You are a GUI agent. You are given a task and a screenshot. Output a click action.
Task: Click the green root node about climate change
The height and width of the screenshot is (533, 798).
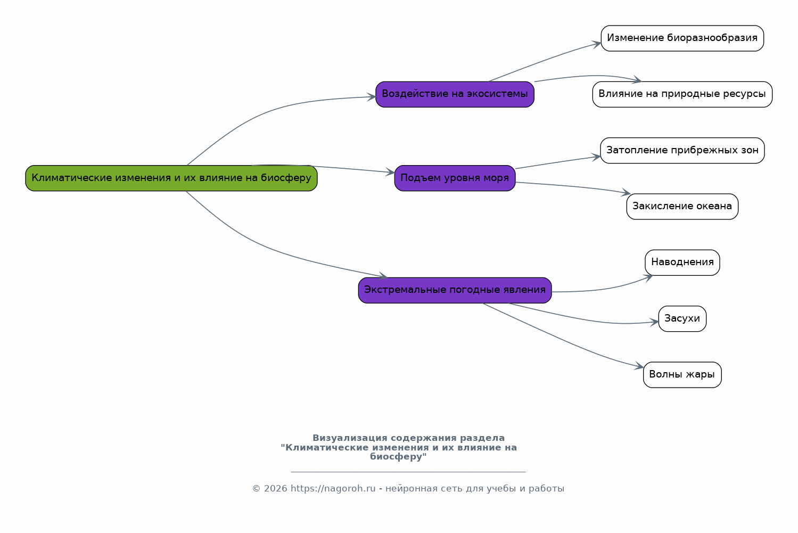[171, 178]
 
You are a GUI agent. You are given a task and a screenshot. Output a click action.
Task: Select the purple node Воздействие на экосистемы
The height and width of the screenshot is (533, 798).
[455, 94]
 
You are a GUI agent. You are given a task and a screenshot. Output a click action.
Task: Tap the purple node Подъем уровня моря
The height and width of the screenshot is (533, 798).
[455, 178]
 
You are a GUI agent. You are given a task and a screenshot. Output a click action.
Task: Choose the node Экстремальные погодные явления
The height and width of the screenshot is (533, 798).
[455, 290]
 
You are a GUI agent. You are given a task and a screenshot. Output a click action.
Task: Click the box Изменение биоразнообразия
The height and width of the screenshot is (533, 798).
[682, 38]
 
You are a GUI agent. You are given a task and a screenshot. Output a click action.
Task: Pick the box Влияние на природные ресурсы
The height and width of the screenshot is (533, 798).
[682, 94]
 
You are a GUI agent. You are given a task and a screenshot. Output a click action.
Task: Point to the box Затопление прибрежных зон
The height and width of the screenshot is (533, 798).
[682, 150]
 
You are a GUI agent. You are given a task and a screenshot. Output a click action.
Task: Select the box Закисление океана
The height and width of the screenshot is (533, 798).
[682, 207]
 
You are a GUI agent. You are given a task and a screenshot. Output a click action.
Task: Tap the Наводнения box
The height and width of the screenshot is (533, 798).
[682, 263]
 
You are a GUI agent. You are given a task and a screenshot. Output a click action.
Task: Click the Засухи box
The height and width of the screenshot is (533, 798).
[682, 319]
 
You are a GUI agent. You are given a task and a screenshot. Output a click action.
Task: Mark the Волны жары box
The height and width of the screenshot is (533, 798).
[682, 375]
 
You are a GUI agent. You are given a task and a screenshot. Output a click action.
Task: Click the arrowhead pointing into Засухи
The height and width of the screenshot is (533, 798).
[654, 323]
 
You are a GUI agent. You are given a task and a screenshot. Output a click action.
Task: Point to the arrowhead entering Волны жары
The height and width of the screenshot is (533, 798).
[639, 366]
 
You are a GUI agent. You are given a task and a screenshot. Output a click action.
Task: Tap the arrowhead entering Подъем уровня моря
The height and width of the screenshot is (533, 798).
[390, 172]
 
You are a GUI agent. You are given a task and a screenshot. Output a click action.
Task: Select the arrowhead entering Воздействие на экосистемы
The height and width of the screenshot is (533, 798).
[372, 97]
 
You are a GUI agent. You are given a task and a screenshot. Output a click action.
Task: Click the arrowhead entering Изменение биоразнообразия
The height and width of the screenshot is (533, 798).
[597, 44]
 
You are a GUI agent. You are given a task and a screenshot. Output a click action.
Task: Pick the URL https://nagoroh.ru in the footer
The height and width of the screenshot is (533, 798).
[333, 488]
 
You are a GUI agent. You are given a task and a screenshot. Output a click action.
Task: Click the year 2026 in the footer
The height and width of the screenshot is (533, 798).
[275, 488]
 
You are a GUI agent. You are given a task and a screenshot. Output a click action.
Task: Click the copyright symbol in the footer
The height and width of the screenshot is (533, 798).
[256, 488]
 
